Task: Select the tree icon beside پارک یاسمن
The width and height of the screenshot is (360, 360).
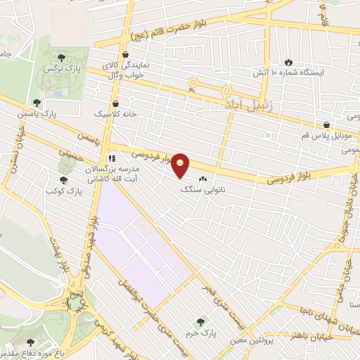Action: coord(37,103)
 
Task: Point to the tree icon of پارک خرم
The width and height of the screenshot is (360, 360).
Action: coord(201,322)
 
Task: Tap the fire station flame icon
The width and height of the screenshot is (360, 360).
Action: coord(288,62)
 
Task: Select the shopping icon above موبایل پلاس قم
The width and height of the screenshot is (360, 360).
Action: coord(326,124)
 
